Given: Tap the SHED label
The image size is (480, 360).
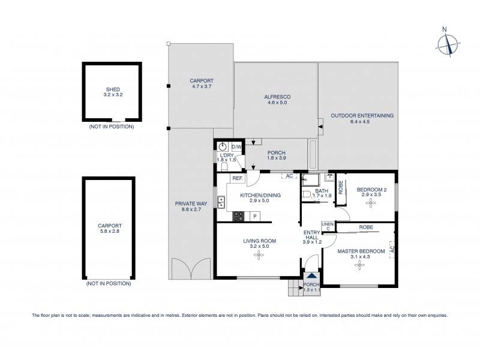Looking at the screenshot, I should [112, 90].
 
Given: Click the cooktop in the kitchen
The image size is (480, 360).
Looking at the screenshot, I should [238, 215].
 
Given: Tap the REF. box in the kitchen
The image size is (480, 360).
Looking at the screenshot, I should [237, 178].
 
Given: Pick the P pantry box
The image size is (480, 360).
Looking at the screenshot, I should [255, 216].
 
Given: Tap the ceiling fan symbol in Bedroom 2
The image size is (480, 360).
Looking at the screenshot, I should [370, 203].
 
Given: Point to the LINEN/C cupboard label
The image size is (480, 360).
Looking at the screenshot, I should [328, 226].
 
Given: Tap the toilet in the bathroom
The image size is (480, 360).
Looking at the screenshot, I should [306, 195].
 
